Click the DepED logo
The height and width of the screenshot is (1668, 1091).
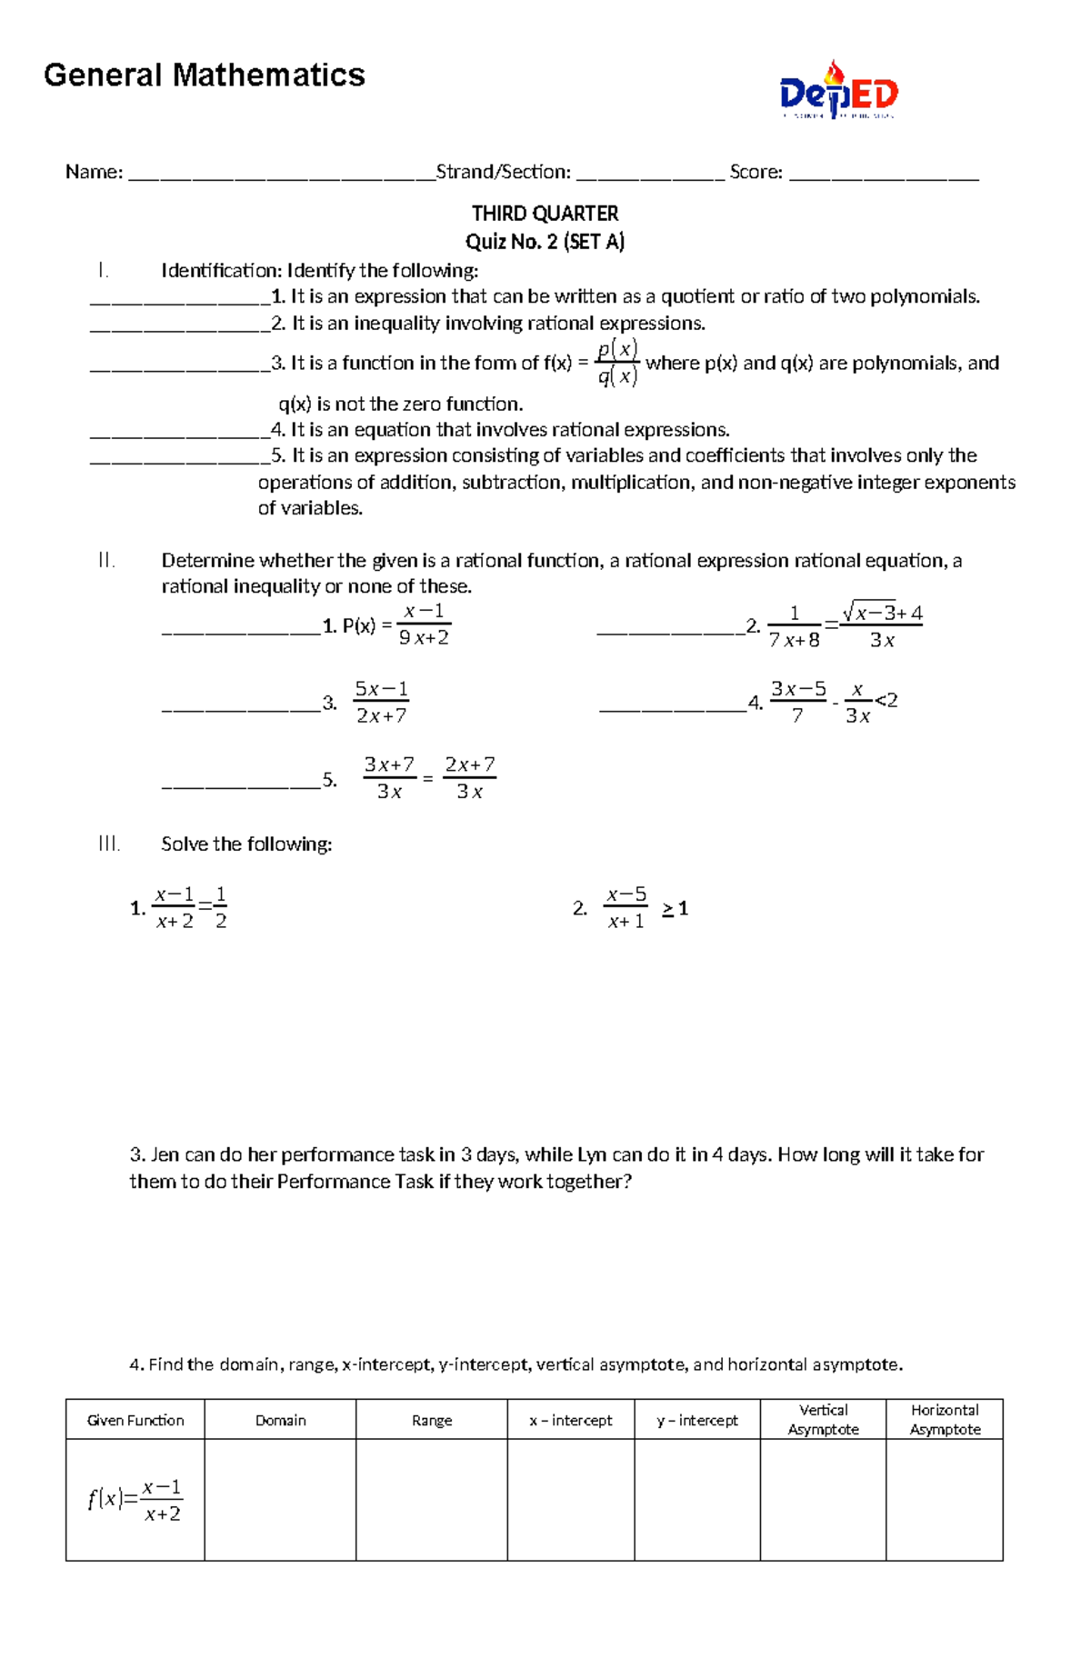tap(838, 91)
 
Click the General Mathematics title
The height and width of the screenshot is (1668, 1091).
tap(204, 75)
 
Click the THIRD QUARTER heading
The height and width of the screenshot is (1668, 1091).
tap(545, 214)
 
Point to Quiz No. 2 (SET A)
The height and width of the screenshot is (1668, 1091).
tap(545, 242)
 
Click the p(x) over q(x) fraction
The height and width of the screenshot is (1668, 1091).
tap(618, 363)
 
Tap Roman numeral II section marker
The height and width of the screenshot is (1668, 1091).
tap(106, 561)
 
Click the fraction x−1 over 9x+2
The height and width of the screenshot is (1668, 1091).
tap(424, 624)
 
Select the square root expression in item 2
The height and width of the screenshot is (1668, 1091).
tap(881, 613)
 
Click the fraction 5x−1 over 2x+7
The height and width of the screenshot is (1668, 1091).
tap(381, 702)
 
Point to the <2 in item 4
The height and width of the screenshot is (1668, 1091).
tap(886, 700)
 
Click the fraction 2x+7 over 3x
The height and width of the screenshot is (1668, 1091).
tap(470, 778)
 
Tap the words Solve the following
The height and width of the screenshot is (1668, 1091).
tap(246, 844)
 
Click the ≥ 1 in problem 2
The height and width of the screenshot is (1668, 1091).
tap(675, 908)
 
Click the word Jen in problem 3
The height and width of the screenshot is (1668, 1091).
tap(165, 1155)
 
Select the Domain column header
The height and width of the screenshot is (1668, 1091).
tap(280, 1420)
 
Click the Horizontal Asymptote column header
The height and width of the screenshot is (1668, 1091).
tap(945, 1419)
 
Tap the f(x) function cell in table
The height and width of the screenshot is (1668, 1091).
tap(135, 1500)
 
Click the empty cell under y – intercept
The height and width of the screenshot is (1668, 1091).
tap(696, 1500)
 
